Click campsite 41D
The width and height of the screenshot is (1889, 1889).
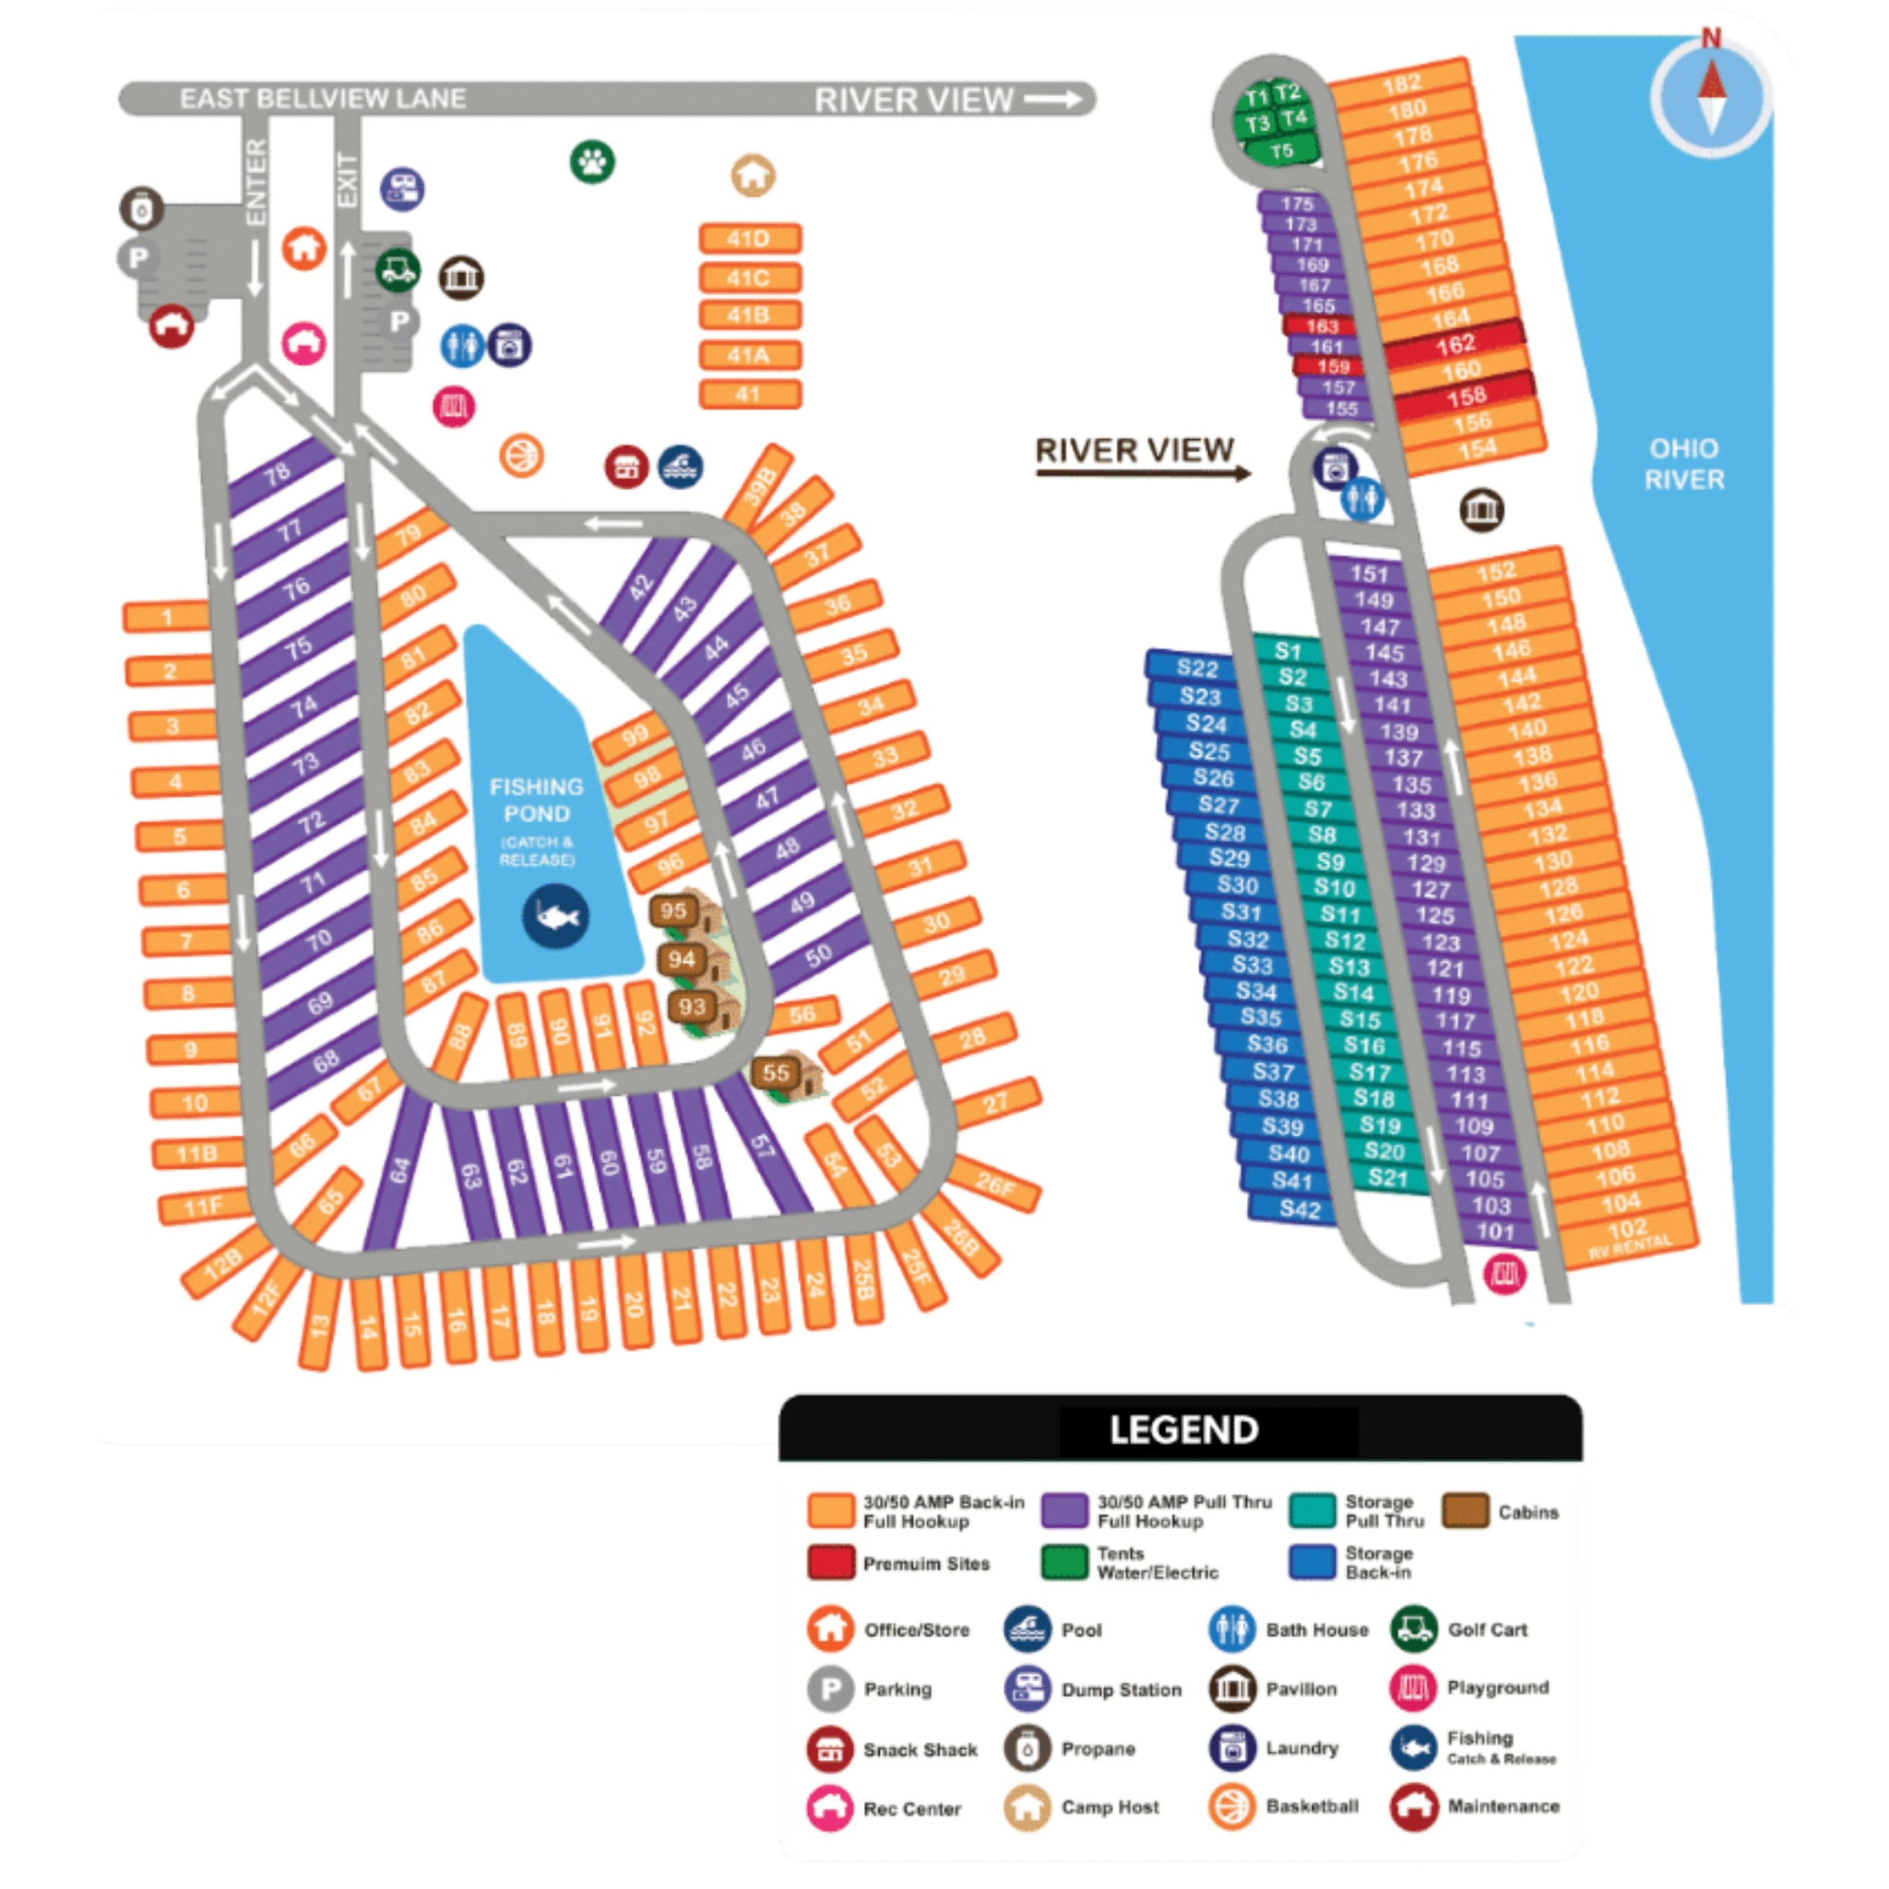(x=750, y=239)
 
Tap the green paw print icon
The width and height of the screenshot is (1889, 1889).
(x=592, y=161)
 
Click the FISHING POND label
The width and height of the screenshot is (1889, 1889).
(x=536, y=801)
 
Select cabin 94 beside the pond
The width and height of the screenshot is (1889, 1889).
(x=682, y=960)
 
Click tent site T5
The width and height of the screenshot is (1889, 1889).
(x=1282, y=151)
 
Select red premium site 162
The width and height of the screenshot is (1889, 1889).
(x=1455, y=344)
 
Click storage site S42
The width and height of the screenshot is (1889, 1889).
(x=1300, y=1209)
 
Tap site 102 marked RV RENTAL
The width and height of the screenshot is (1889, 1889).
(x=1628, y=1234)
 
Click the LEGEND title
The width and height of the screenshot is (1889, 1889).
(x=1183, y=1431)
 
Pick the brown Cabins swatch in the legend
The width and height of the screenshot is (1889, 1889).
(x=1465, y=1511)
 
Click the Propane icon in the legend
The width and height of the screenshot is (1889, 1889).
(x=1028, y=1748)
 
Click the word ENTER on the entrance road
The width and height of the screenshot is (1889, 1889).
(x=255, y=182)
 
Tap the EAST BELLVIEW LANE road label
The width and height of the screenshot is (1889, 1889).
(x=323, y=99)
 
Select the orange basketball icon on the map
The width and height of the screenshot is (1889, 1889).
(x=521, y=456)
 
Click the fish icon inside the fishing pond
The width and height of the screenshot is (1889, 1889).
(x=555, y=917)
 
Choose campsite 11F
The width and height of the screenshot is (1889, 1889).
(x=203, y=1207)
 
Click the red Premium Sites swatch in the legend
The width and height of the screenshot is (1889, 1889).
(x=831, y=1562)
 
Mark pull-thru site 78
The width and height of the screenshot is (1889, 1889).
(x=278, y=475)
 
